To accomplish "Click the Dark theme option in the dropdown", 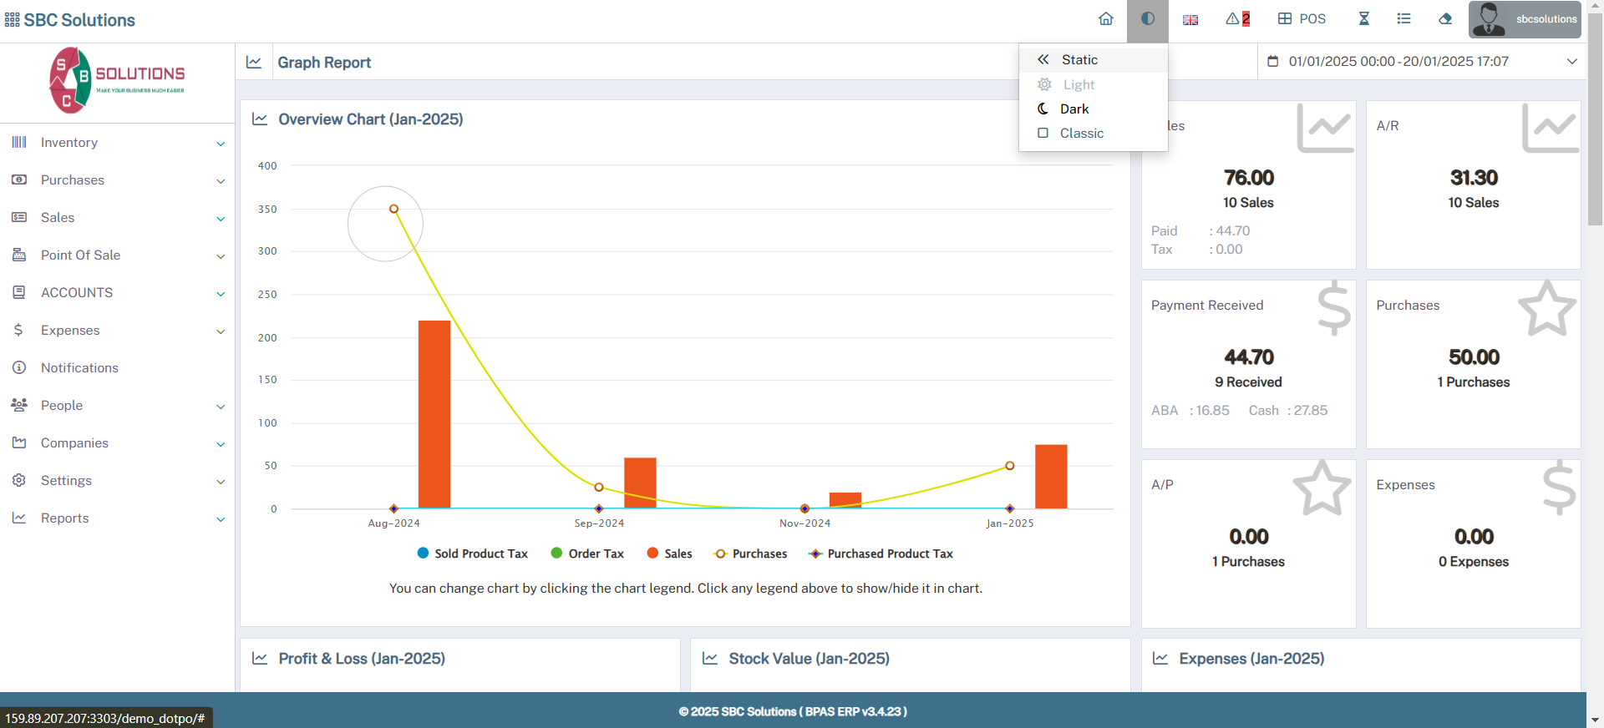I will click(x=1074, y=109).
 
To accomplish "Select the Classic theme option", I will click(x=1081, y=134).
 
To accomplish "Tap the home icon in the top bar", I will click(x=1106, y=19).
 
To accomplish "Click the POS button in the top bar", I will click(x=1302, y=19).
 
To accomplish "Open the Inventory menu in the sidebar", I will click(x=69, y=143).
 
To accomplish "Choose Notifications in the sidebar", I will click(x=79, y=368).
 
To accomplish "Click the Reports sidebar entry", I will click(x=64, y=518).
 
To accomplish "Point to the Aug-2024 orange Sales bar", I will click(x=434, y=414).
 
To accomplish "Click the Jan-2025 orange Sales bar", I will click(x=1051, y=477).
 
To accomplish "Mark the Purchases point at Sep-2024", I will click(x=599, y=487).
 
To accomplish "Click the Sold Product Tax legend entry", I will click(x=473, y=554).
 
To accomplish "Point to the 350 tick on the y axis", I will click(x=267, y=210).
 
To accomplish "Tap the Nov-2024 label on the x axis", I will click(x=805, y=523).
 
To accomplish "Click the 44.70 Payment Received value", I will click(x=1249, y=357).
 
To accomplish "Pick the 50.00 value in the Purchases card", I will click(x=1474, y=357).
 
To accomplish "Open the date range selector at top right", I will click(x=1421, y=62).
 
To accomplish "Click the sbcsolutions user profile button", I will click(x=1525, y=19).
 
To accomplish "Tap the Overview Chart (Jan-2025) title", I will click(x=370, y=119).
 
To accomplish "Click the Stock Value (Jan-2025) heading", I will click(x=808, y=659).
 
